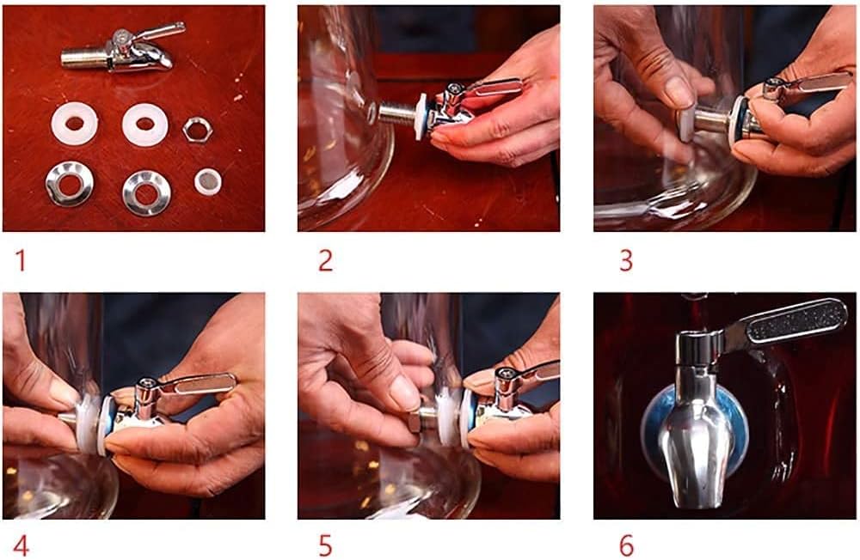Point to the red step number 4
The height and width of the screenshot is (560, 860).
click(x=21, y=545)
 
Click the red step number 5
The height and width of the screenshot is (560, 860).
click(x=325, y=545)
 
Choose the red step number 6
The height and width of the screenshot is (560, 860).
click(x=626, y=545)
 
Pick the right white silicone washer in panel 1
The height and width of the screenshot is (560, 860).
click(x=144, y=125)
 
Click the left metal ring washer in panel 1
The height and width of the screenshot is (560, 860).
click(x=70, y=183)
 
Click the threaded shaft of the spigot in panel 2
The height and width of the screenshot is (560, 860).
click(x=397, y=114)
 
